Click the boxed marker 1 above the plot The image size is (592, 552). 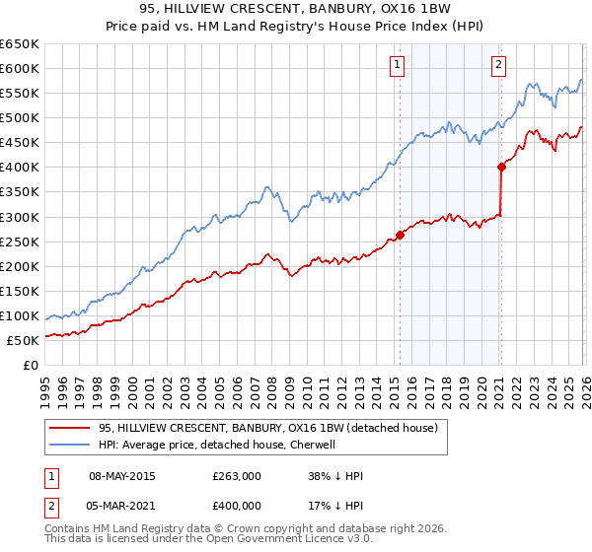tap(397, 66)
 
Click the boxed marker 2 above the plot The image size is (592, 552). tap(498, 66)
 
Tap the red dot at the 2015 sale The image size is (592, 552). tap(401, 235)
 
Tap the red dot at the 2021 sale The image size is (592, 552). tap(502, 167)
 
